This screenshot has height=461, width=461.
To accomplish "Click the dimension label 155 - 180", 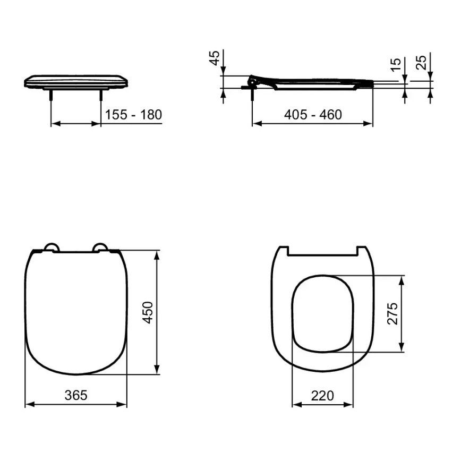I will pos(133,115).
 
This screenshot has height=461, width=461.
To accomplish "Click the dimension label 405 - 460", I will pos(313,115).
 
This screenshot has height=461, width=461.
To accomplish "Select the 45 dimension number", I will pos(215,58).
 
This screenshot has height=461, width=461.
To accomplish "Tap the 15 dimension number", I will pos(395,65).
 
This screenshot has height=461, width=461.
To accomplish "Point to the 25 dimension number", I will pos(421,63).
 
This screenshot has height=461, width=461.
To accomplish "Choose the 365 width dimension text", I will pos(76,395).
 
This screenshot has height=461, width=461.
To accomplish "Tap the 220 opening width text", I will pos(323,396).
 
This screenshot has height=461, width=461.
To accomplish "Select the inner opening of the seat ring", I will pos(323,313).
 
